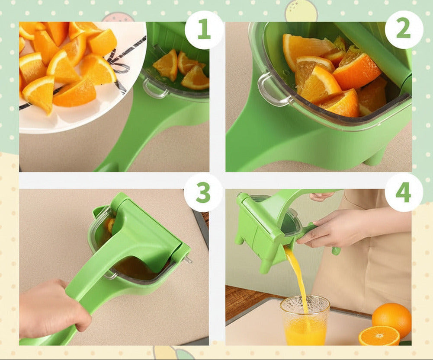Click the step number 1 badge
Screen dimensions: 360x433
[x=204, y=30]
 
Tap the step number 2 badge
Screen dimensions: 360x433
[x=403, y=30]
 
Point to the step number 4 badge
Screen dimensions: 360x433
[x=403, y=193]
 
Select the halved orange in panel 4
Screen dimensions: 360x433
[x=379, y=336]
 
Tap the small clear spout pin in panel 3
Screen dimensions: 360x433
[x=189, y=260]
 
